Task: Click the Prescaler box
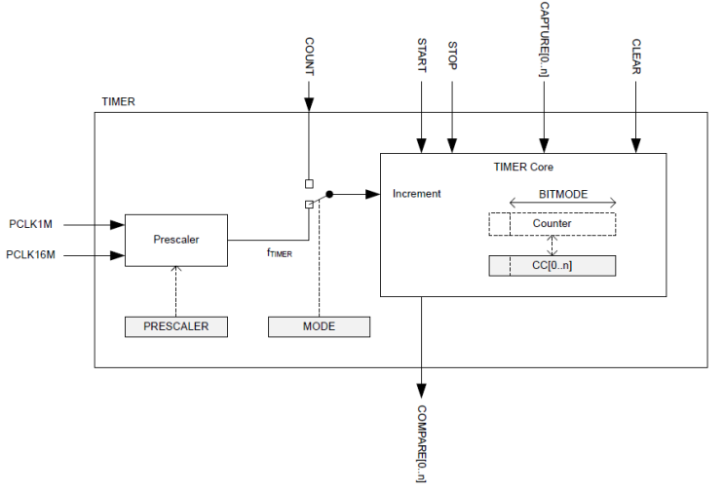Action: point(176,239)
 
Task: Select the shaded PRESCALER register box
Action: point(176,326)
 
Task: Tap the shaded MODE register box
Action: point(319,326)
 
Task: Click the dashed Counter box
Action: point(552,224)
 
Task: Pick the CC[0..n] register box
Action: point(552,265)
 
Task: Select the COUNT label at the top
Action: point(309,57)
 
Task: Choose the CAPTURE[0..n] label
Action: point(545,40)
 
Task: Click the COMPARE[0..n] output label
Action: point(421,444)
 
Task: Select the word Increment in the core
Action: point(416,194)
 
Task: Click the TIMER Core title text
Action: point(523,167)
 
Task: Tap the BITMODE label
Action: point(563,194)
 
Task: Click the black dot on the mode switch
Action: point(329,194)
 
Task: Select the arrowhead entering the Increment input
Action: point(374,194)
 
